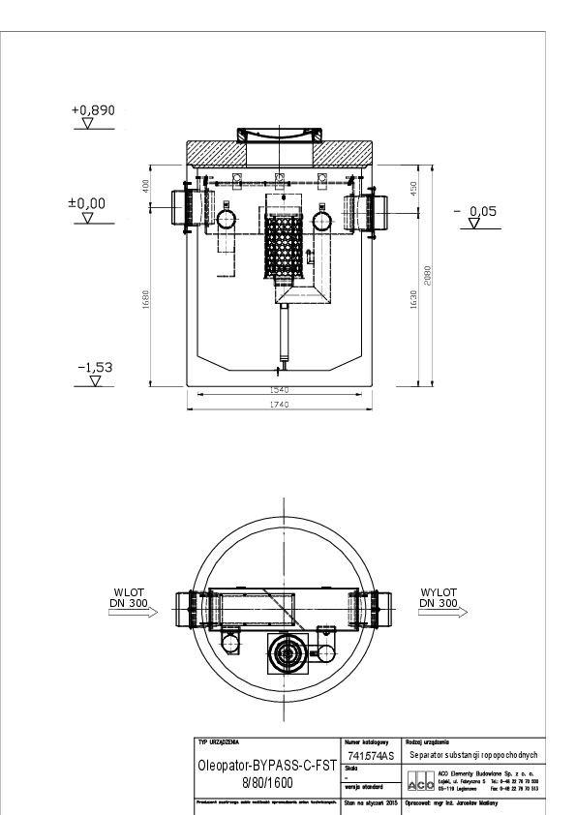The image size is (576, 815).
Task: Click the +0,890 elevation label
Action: pyautogui.click(x=93, y=110)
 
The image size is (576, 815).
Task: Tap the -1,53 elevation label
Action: pyautogui.click(x=94, y=368)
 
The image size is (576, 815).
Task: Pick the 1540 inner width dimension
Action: pyautogui.click(x=282, y=389)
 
